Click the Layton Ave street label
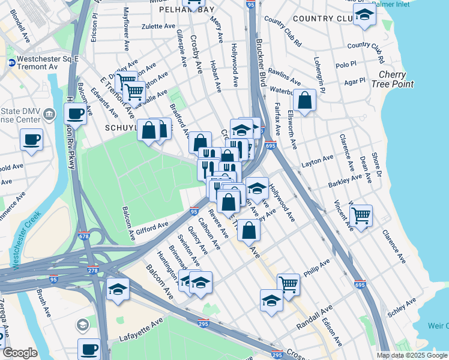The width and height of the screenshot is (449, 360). [x=317, y=160]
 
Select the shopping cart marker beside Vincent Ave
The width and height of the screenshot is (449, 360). [x=361, y=215]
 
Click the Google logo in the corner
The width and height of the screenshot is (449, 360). [x=20, y=353]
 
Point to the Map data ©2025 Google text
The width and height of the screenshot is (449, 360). [x=412, y=355]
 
